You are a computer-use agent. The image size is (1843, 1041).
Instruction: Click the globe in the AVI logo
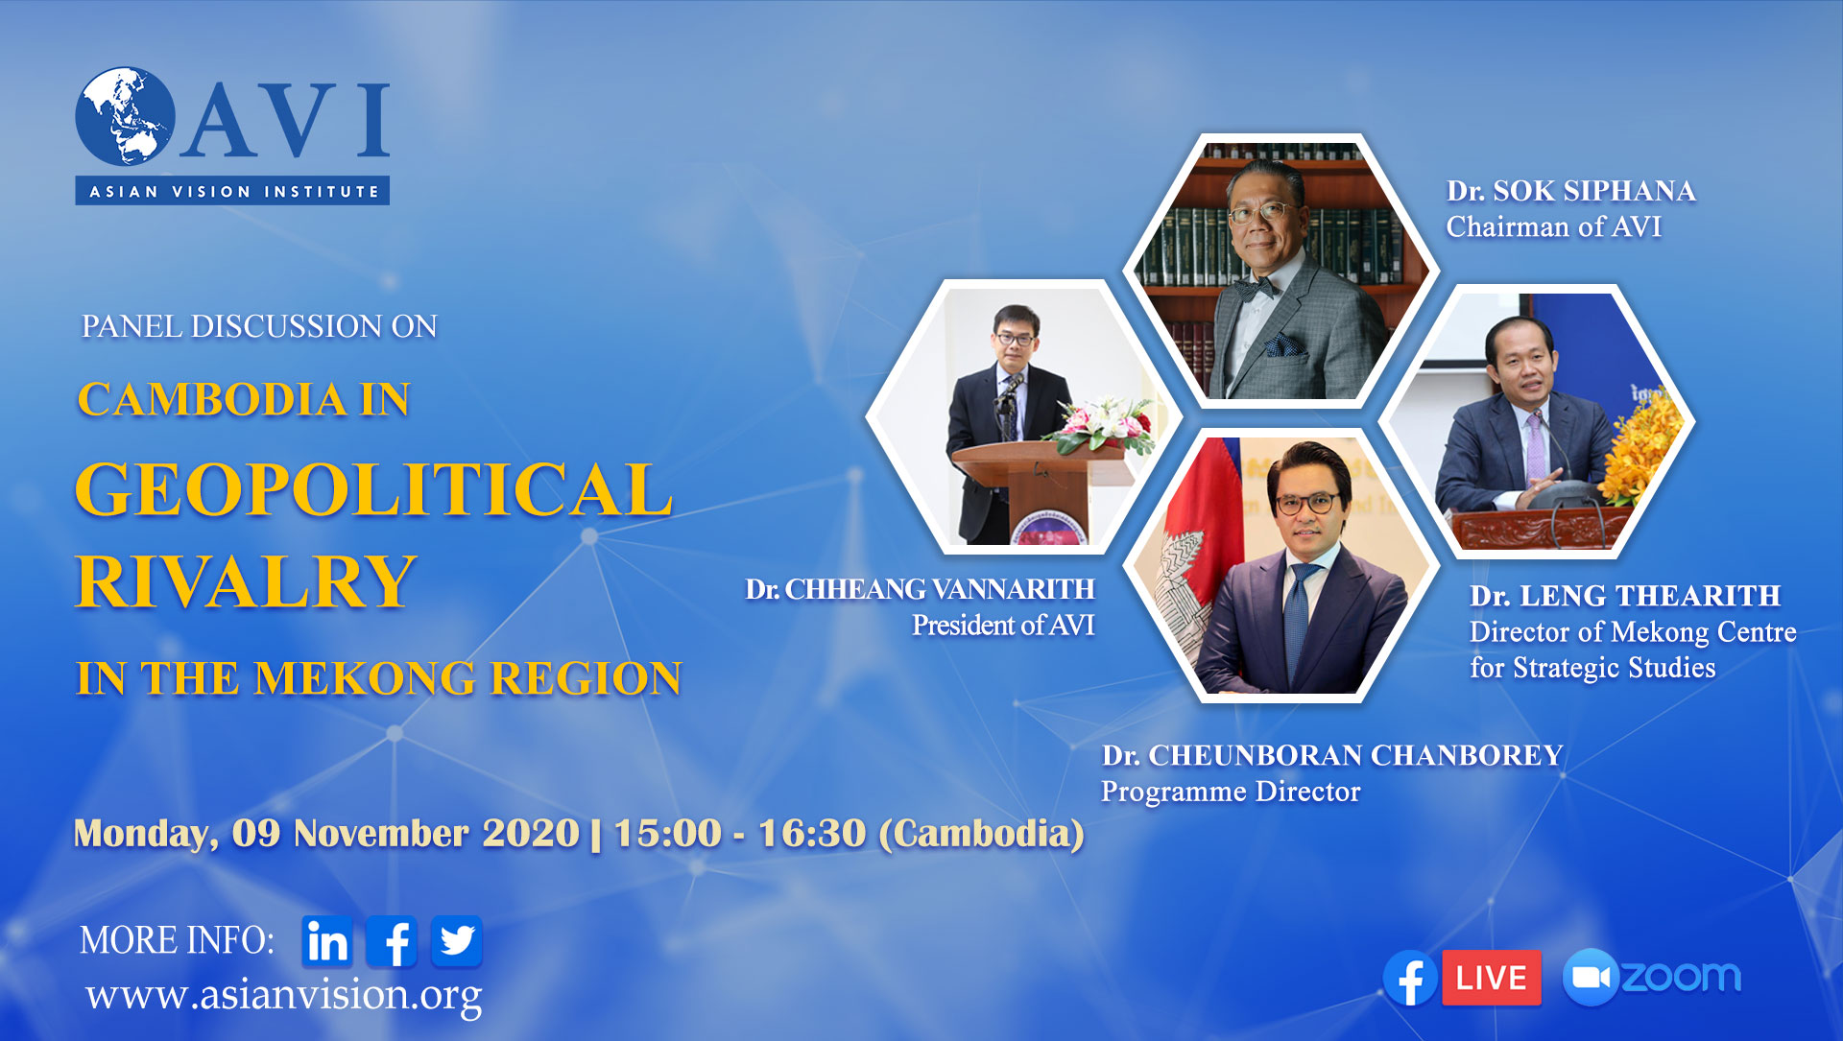(x=125, y=115)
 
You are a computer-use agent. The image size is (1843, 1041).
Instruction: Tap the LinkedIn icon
(x=327, y=941)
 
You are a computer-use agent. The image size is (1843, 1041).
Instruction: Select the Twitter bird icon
(x=457, y=941)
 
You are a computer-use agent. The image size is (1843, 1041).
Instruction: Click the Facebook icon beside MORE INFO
(x=392, y=941)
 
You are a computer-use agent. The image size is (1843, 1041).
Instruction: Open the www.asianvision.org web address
(x=284, y=996)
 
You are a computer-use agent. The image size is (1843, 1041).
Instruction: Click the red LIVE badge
(x=1491, y=978)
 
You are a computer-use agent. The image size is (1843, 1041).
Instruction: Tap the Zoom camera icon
(x=1591, y=978)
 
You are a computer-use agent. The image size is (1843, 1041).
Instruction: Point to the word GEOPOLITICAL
(x=373, y=489)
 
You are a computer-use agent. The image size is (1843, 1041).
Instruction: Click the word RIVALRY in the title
(x=246, y=581)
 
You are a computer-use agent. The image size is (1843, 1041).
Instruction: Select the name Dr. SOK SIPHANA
(x=1571, y=191)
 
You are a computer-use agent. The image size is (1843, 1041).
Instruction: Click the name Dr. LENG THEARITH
(x=1625, y=596)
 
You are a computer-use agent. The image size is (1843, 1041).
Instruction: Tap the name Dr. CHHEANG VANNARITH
(x=921, y=589)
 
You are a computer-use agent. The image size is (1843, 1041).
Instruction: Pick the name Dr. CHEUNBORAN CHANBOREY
(x=1332, y=756)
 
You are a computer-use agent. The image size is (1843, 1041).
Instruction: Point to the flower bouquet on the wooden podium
(x=1104, y=424)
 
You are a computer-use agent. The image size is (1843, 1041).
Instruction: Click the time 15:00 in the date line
(x=668, y=833)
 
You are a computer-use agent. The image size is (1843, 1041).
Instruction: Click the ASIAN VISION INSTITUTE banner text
(x=233, y=192)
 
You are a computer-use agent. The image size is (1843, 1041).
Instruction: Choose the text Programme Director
(x=1231, y=793)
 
